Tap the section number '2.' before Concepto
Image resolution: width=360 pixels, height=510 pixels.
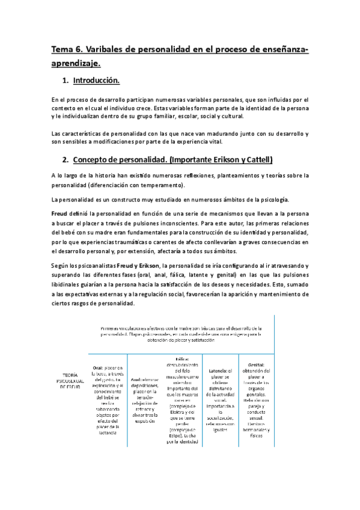click(x=66, y=161)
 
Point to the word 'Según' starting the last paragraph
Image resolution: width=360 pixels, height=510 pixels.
click(x=62, y=265)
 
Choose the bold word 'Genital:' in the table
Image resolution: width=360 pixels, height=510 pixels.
click(x=256, y=364)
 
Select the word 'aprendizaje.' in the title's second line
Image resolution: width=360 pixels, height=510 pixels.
click(x=76, y=63)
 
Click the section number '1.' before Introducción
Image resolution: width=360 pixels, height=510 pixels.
click(x=66, y=81)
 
